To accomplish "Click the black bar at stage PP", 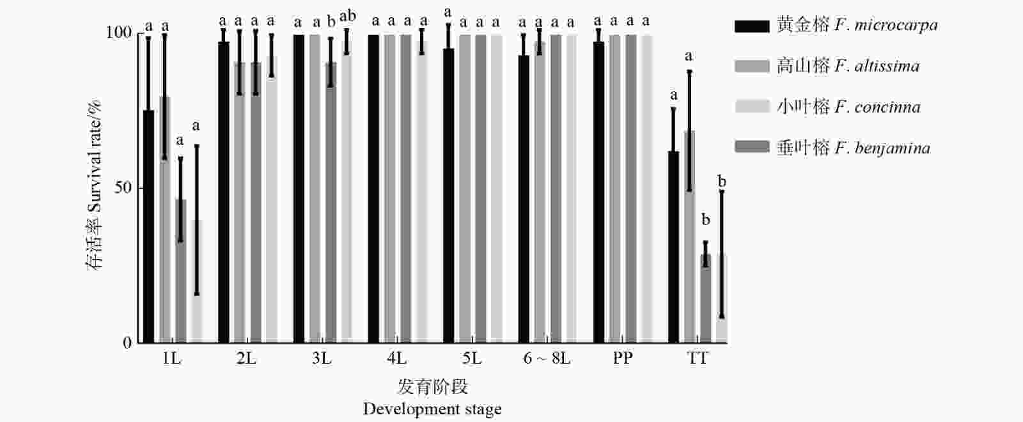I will [598, 192].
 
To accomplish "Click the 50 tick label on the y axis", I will [123, 188].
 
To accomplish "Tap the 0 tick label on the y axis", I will [127, 343].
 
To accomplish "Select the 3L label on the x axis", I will [322, 359].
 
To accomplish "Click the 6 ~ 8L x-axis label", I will [547, 359].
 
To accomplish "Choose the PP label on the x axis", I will [622, 359].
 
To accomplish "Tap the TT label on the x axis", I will [698, 359].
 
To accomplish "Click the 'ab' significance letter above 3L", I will [348, 16].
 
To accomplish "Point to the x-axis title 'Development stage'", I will [432, 409].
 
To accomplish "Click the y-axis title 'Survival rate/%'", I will [95, 185].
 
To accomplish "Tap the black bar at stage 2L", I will [223, 192].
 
